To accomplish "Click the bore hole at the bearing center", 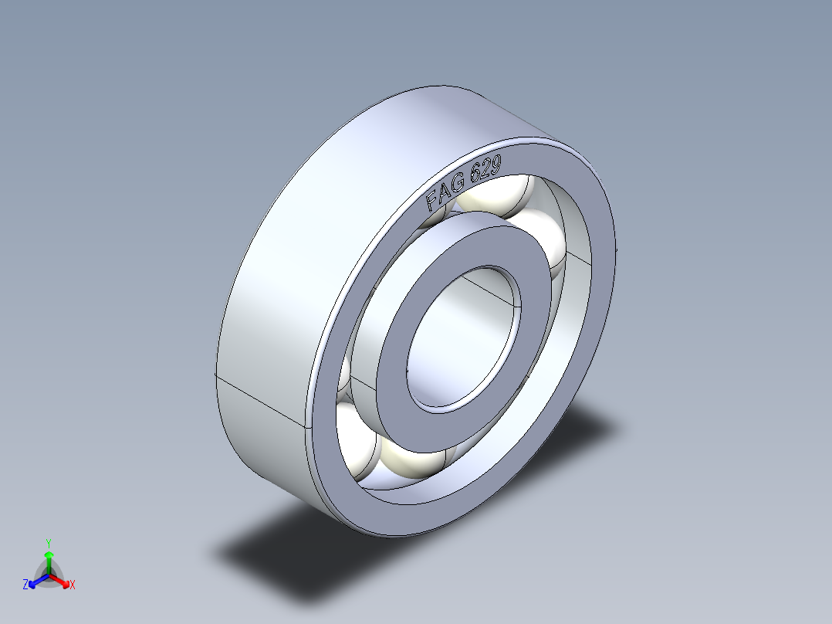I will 464,340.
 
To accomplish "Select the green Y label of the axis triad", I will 48,542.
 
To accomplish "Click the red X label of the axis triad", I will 73,585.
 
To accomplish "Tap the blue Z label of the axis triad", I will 25,585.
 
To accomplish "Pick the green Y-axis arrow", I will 48,559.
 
